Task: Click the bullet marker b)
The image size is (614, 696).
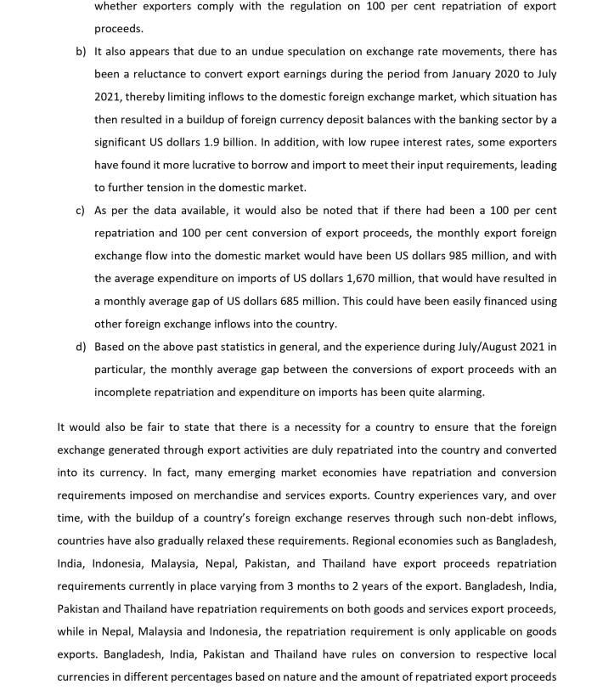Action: click(81, 52)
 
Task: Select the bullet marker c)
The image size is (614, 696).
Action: click(81, 211)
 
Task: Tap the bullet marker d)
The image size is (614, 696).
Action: click(81, 347)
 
